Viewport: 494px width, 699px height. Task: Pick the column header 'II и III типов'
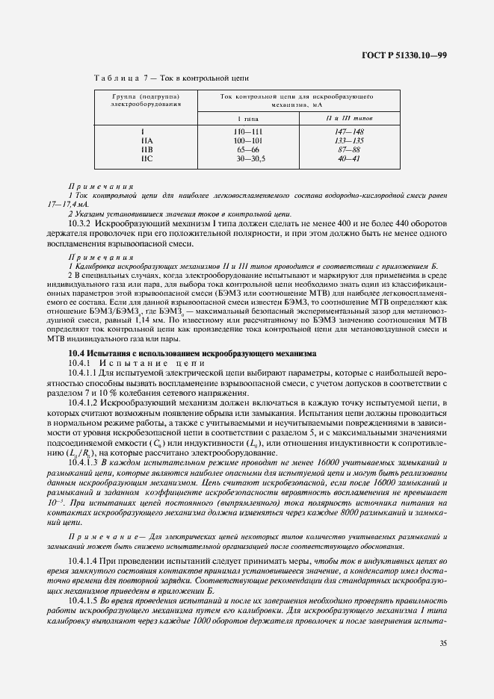tap(349, 119)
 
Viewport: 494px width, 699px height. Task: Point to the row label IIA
tap(146, 140)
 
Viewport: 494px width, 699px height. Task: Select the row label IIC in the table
tap(146, 158)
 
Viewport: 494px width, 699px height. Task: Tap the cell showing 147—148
tap(349, 131)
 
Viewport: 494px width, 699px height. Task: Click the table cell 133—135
tap(349, 140)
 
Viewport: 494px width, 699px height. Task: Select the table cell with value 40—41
tap(349, 158)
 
